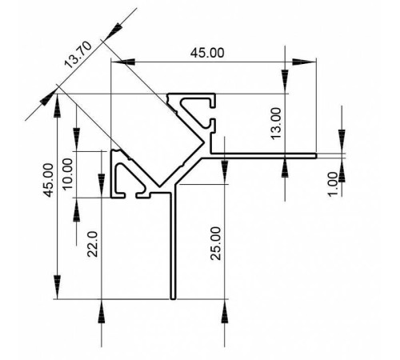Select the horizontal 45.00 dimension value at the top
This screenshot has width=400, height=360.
[x=206, y=52]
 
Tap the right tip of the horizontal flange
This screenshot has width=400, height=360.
[x=316, y=154]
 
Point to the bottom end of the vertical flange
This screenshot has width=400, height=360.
[x=173, y=300]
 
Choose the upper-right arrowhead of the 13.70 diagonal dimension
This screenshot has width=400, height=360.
[x=117, y=29]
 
